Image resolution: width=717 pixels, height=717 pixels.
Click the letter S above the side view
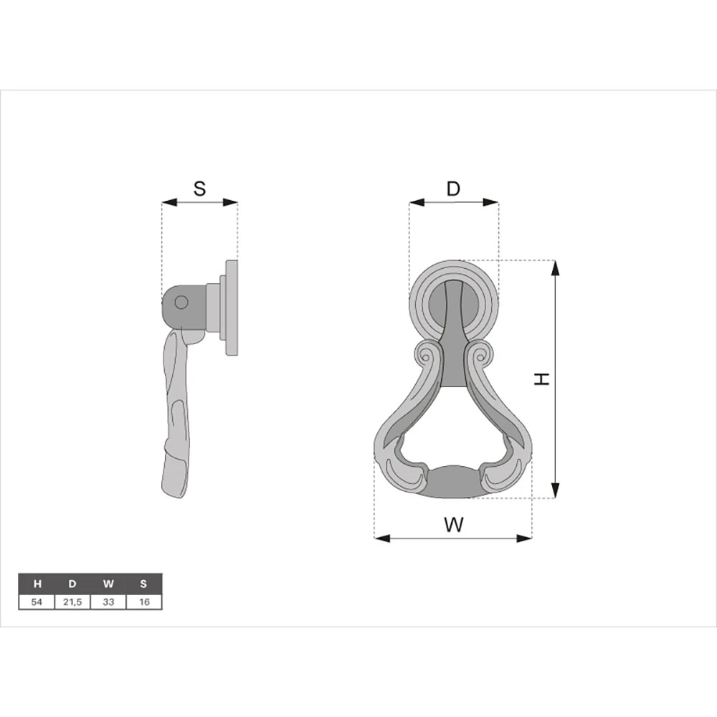(200, 189)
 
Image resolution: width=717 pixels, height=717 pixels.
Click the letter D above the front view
(453, 189)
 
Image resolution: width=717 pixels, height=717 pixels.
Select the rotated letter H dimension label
(542, 379)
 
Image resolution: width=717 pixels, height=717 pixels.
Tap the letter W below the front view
(454, 525)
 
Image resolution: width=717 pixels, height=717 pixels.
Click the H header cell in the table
(37, 584)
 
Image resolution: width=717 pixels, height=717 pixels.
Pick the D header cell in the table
(72, 584)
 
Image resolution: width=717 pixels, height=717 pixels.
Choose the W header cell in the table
(108, 584)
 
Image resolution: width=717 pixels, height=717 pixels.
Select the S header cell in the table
(144, 584)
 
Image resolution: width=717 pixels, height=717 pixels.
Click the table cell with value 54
(37, 602)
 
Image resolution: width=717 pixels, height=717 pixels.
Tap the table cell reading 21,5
(72, 602)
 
